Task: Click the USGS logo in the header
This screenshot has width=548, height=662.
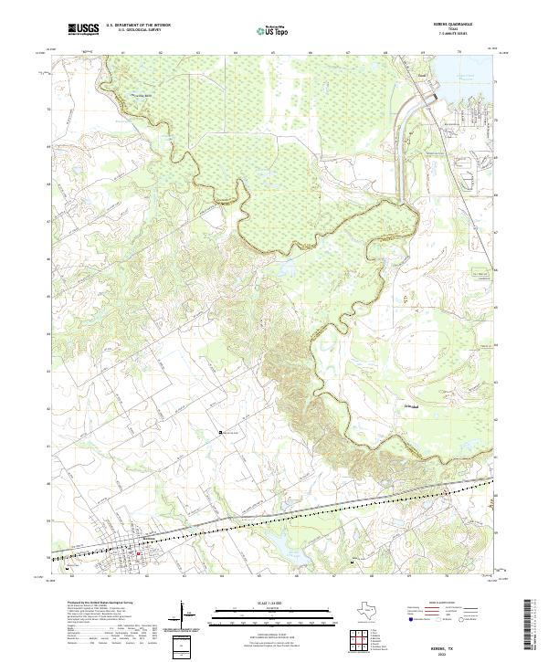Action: tap(83, 29)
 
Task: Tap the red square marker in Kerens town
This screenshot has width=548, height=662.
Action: tap(138, 552)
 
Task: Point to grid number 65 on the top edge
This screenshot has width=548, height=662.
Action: tap(273, 53)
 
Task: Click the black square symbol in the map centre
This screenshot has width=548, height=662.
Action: tap(219, 433)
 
